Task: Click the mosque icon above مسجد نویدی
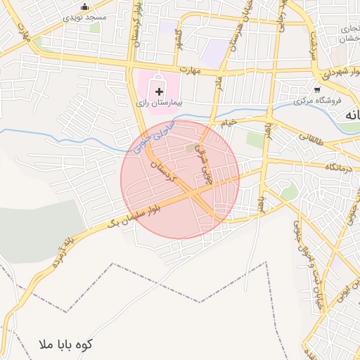tap(85, 6)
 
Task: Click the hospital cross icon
tap(159, 91)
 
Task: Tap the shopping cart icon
tap(317, 89)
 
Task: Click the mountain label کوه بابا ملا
tap(67, 345)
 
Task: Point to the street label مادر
tap(219, 84)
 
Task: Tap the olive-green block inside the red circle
tap(193, 148)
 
